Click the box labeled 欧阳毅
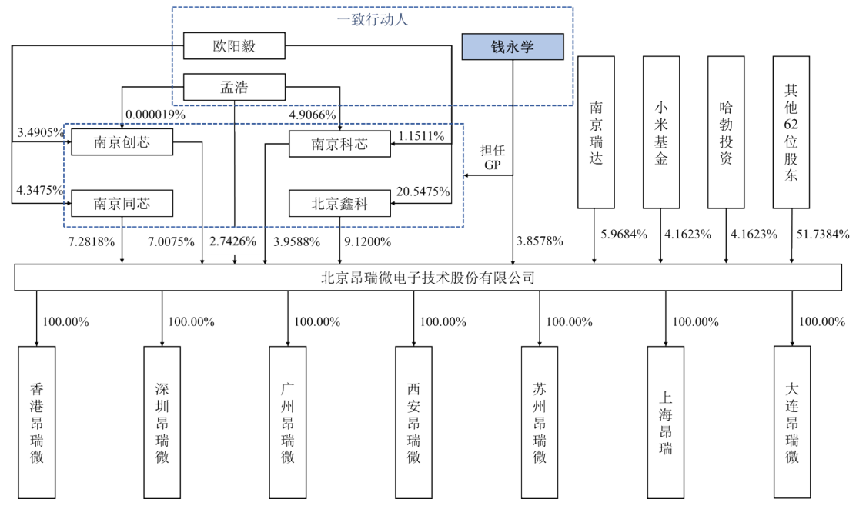pyautogui.click(x=234, y=46)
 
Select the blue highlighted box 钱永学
pyautogui.click(x=513, y=47)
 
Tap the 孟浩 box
pyautogui.click(x=234, y=86)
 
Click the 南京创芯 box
pyautogui.click(x=122, y=142)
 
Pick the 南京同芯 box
pyautogui.click(x=122, y=204)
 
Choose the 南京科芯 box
pyautogui.click(x=339, y=144)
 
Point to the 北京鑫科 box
pyautogui.click(x=339, y=204)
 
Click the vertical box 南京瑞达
pyautogui.click(x=597, y=131)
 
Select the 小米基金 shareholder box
pyautogui.click(x=662, y=131)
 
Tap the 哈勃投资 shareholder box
pyautogui.click(x=726, y=131)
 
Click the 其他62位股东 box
pyautogui.click(x=791, y=131)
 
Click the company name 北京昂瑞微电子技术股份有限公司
pyautogui.click(x=428, y=278)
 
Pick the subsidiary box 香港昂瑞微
pyautogui.click(x=37, y=422)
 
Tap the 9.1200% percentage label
pyautogui.click(x=366, y=241)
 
